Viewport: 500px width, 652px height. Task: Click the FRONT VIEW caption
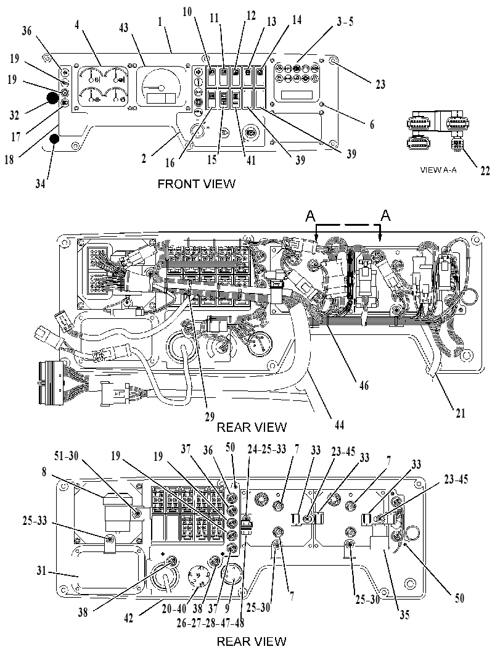196,183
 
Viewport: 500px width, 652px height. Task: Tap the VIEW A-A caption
438,170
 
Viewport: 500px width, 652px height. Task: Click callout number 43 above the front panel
123,28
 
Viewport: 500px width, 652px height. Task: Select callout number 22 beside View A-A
485,170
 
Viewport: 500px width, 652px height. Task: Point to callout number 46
364,386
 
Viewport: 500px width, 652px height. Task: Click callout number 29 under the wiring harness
210,416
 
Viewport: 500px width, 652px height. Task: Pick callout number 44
340,424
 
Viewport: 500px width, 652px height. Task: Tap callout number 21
461,413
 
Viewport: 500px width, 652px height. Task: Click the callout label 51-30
67,456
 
